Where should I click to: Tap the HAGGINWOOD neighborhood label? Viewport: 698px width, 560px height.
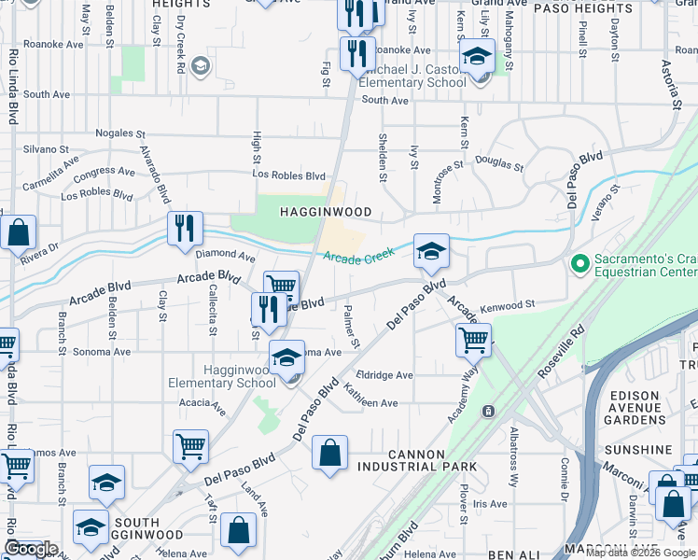coord(327,213)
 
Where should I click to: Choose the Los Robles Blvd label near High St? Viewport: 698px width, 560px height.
coord(290,175)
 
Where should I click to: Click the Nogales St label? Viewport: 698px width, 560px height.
coord(120,134)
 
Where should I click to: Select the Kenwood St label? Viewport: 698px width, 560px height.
coord(508,305)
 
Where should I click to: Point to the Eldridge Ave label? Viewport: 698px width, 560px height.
coord(384,375)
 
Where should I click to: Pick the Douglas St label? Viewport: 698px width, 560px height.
coord(499,163)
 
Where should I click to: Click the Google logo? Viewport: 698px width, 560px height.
coord(31,548)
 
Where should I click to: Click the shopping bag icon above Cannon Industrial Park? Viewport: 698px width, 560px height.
coord(329,455)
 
